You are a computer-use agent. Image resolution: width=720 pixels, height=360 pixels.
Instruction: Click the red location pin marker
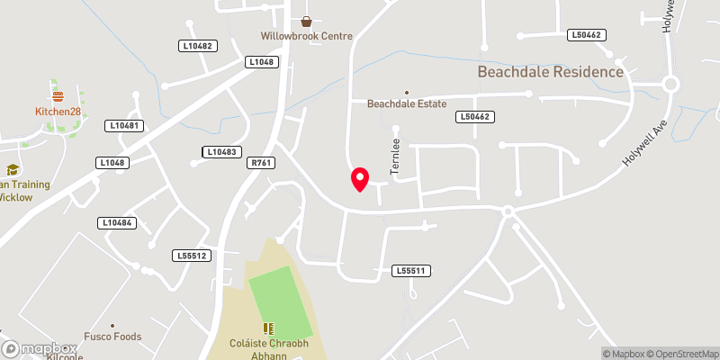[x=359, y=178]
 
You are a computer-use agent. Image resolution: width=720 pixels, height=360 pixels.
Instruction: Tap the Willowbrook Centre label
[x=306, y=36]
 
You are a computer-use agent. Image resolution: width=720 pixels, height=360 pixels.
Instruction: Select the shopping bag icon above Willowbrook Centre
[x=306, y=21]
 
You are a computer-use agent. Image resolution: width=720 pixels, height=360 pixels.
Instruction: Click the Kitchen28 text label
[x=58, y=112]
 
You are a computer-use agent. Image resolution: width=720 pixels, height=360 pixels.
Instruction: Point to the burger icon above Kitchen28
[x=58, y=95]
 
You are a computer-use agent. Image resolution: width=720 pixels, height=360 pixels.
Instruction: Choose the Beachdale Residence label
[x=550, y=71]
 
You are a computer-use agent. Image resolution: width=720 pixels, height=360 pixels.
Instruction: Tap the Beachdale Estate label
[x=407, y=103]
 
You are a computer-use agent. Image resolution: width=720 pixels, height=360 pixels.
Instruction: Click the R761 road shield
[x=262, y=163]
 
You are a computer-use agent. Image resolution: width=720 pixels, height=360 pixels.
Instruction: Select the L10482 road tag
[x=196, y=46]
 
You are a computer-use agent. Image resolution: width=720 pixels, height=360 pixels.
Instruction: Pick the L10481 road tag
[x=123, y=126]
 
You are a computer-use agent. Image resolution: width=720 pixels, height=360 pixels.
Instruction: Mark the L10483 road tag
[x=220, y=152]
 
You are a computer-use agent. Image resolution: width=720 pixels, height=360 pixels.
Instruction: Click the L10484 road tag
[x=117, y=222]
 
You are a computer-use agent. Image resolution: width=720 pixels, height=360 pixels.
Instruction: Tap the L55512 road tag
[x=191, y=256]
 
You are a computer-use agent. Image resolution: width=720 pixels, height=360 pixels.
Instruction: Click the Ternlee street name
[x=394, y=159]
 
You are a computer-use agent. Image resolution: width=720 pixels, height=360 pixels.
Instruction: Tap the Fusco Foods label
[x=112, y=337]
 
